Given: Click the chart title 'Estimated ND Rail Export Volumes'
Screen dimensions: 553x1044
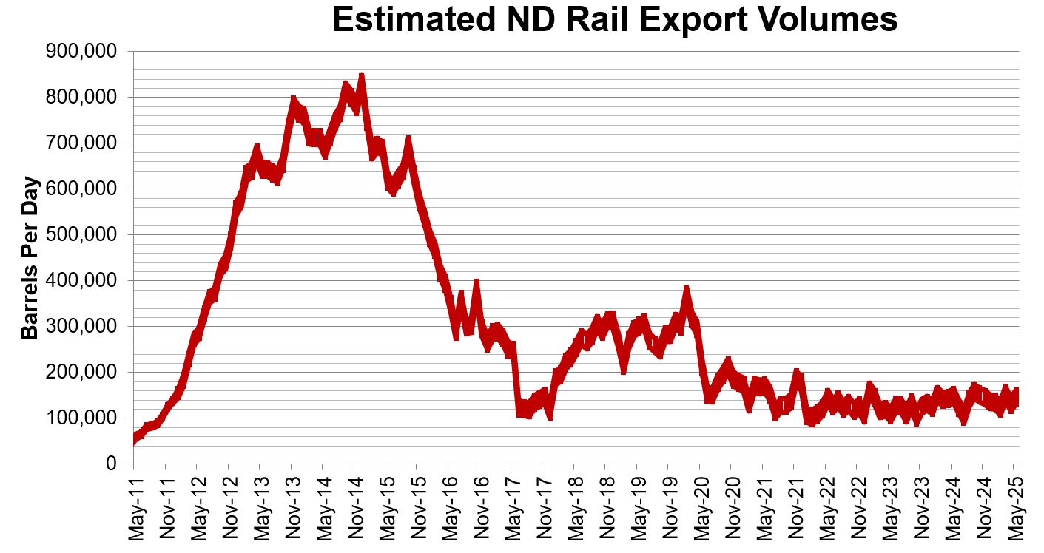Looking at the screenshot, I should click(615, 20).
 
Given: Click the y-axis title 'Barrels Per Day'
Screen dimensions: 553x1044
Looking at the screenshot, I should click(30, 257).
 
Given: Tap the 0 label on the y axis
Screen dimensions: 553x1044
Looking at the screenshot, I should click(111, 464).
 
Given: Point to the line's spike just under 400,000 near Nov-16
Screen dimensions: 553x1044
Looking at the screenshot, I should click(477, 282).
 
